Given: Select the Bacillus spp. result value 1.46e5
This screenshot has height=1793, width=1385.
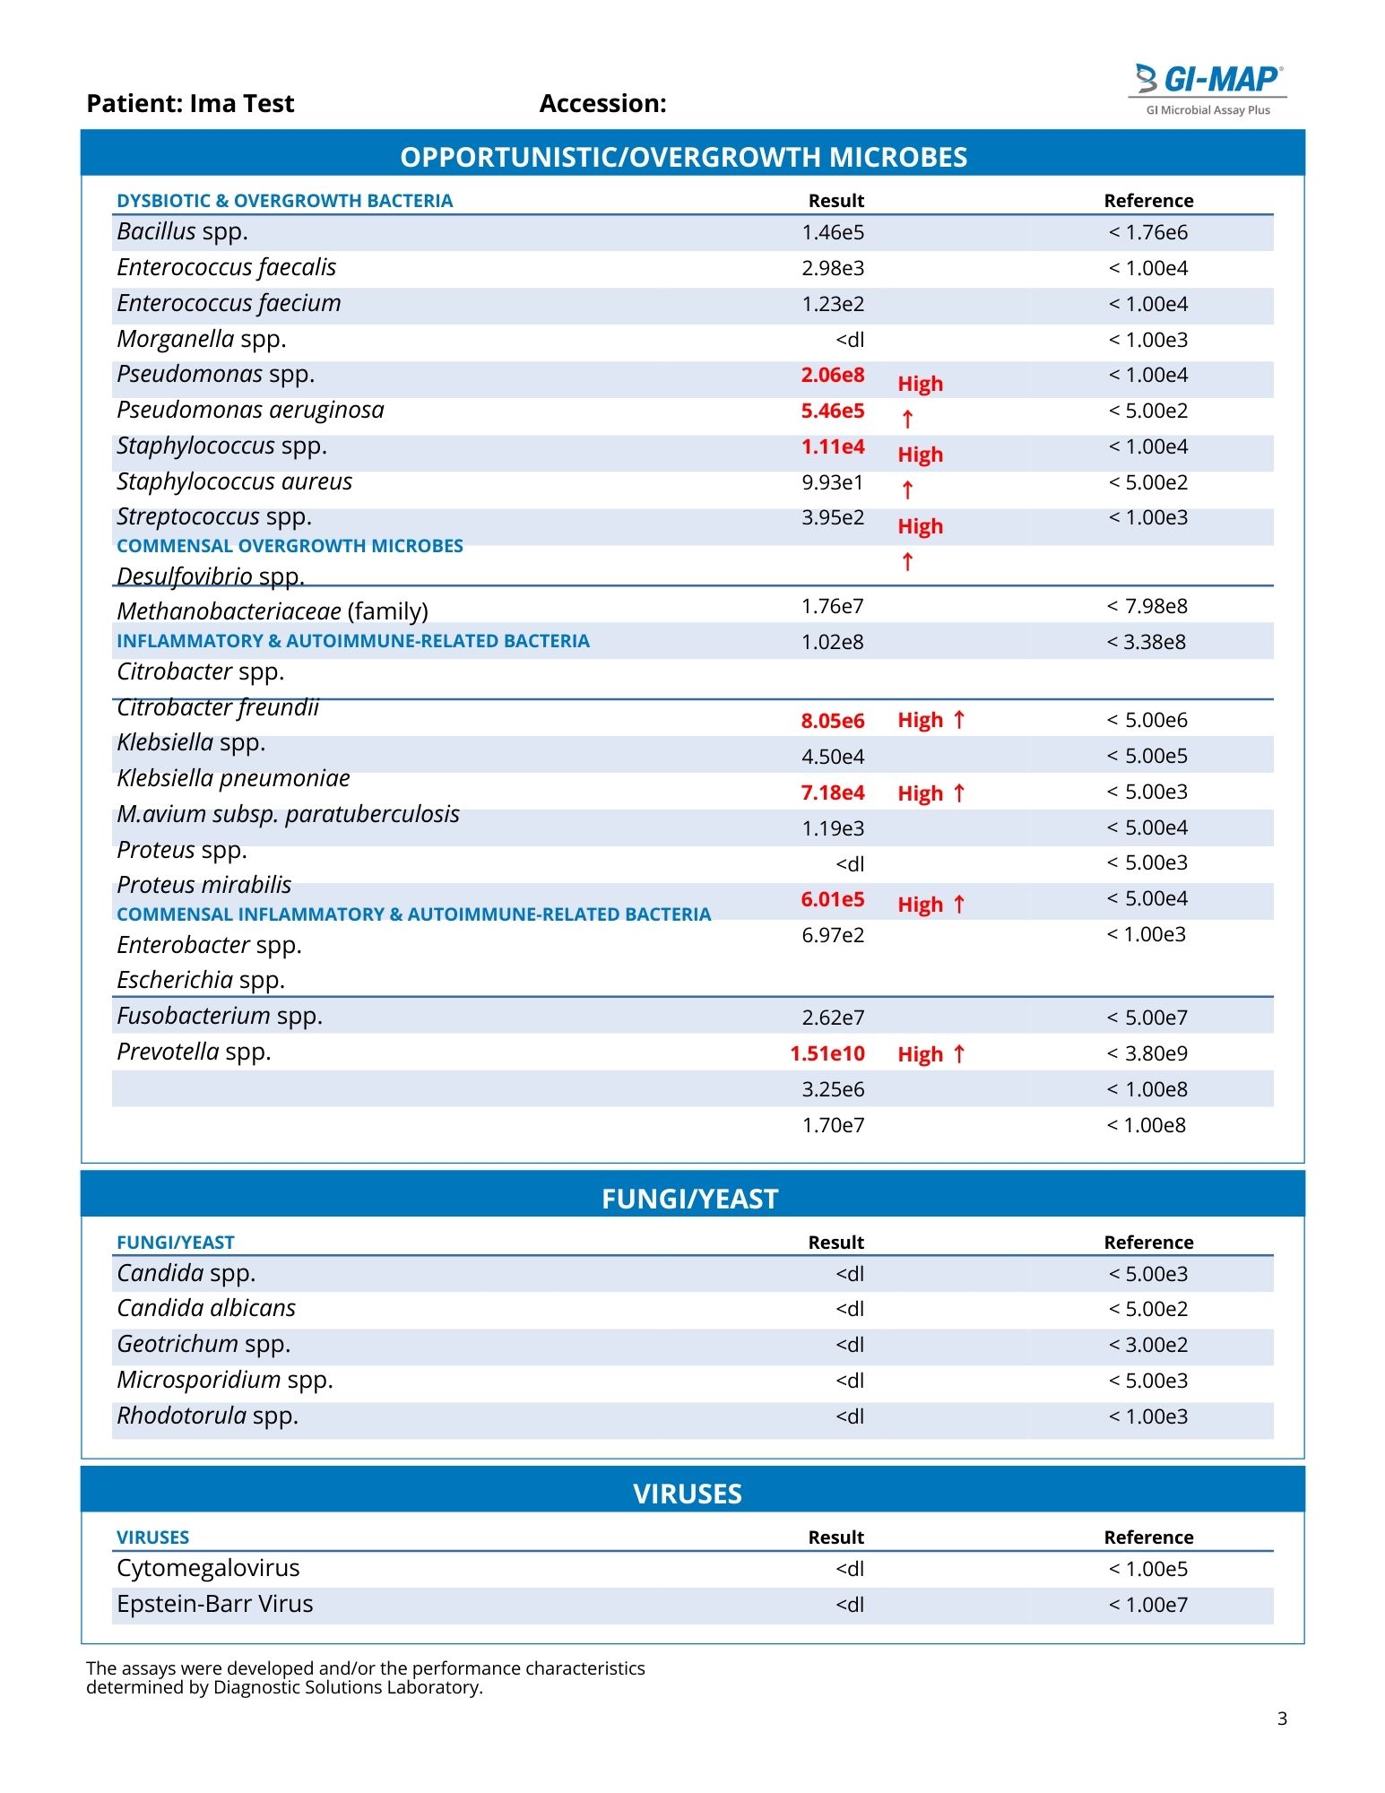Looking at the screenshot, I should (x=833, y=233).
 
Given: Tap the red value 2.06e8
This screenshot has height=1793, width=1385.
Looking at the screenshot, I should (x=833, y=376).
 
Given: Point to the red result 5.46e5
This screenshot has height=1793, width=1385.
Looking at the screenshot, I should (x=833, y=411).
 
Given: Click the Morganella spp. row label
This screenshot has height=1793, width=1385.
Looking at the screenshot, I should (x=202, y=340).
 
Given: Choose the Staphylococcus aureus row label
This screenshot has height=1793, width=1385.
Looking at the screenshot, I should (x=235, y=482).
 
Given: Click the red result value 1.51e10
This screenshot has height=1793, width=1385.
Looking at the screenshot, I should (x=827, y=1054).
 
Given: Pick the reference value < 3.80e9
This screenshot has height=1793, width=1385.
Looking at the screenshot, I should (x=1147, y=1054).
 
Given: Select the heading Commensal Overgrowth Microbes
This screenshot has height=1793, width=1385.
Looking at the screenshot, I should (x=290, y=546).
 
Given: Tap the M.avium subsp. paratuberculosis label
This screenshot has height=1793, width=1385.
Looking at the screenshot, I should (x=288, y=814).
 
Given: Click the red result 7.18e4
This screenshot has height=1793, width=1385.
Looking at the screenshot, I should (x=833, y=793).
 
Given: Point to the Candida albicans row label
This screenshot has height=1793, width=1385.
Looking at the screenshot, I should (x=206, y=1309).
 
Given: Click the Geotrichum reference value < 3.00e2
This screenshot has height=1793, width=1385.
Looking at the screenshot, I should (x=1148, y=1346).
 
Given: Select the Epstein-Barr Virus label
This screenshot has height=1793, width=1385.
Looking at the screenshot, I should (x=215, y=1605).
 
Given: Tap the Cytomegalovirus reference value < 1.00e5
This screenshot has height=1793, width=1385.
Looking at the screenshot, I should (x=1148, y=1570).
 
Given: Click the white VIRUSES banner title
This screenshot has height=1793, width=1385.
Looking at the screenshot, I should (x=688, y=1494).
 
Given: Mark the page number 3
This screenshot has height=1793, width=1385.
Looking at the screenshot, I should (x=1282, y=1719).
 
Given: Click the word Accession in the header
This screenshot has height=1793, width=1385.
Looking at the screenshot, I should (x=602, y=104).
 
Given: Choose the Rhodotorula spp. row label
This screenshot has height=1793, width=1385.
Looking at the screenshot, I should (x=208, y=1416).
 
